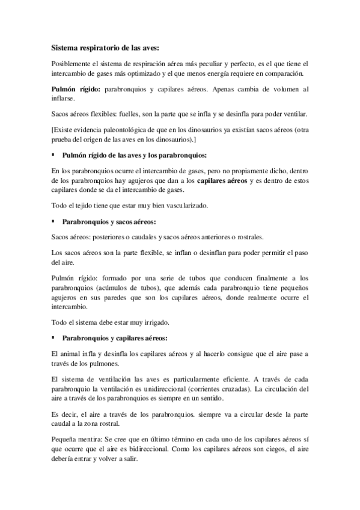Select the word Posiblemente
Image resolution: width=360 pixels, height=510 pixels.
click(72, 64)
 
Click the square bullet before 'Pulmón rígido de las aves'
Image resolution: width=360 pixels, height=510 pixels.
click(53, 155)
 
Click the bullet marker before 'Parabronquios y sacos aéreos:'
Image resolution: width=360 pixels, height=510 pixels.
click(53, 222)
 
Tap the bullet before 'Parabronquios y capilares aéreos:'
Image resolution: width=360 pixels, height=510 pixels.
click(53, 338)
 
